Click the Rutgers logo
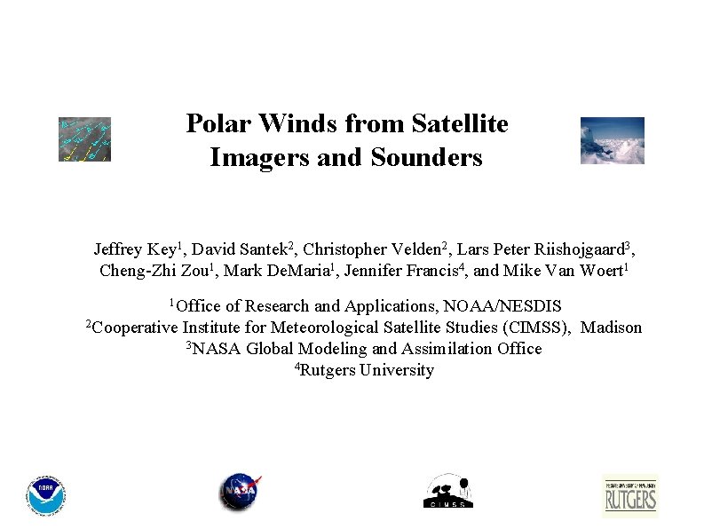click(630, 495)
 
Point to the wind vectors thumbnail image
click(84, 139)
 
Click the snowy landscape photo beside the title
click(612, 140)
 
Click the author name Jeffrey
click(123, 249)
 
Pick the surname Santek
click(262, 249)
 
